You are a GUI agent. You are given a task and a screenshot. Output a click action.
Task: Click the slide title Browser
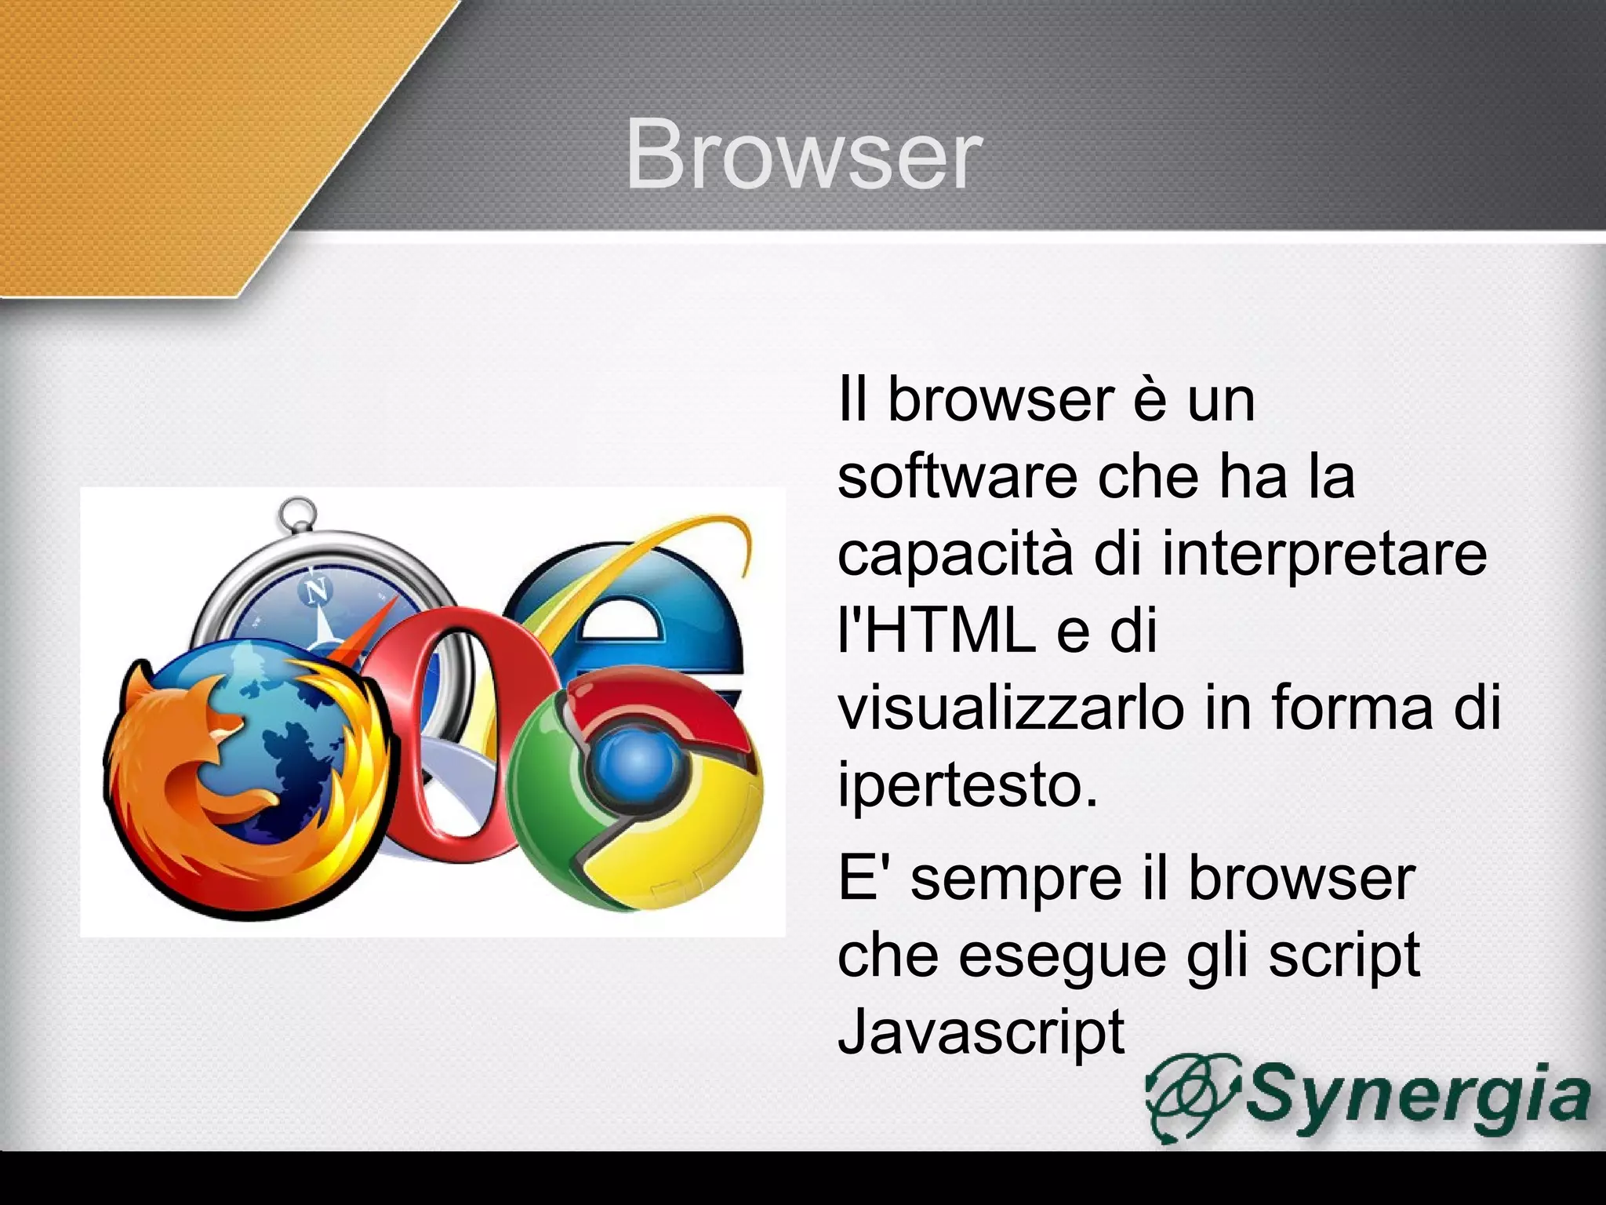click(803, 155)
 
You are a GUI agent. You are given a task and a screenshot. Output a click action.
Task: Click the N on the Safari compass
click(318, 589)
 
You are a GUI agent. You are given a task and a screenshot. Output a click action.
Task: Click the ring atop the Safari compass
click(297, 514)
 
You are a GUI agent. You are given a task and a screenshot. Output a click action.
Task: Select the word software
click(957, 476)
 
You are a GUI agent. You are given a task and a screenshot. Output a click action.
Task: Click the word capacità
click(955, 553)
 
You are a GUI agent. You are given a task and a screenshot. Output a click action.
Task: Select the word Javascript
click(981, 1032)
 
